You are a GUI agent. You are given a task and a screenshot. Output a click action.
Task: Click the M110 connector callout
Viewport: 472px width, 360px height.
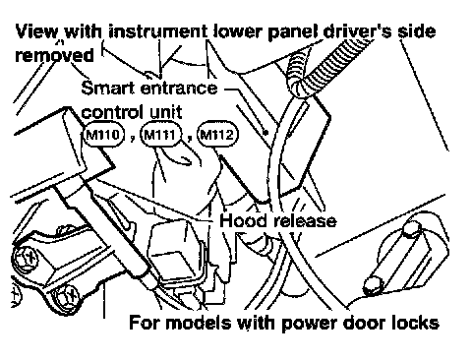pyautogui.click(x=103, y=135)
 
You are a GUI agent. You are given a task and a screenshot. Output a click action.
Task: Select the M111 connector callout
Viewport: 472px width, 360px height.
pyautogui.click(x=161, y=135)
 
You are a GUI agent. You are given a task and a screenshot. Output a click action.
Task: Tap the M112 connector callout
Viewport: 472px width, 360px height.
pyautogui.click(x=218, y=135)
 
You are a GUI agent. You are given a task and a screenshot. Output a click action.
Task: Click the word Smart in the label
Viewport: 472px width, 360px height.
pyautogui.click(x=108, y=88)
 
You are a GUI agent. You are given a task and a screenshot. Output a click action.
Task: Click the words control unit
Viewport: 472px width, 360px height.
pyautogui.click(x=132, y=112)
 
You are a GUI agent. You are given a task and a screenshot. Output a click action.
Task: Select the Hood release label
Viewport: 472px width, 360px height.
pyautogui.click(x=278, y=220)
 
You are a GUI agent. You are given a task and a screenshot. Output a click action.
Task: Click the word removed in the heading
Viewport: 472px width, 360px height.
pyautogui.click(x=55, y=56)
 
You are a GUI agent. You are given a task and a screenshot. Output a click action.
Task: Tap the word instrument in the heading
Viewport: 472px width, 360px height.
pyautogui.click(x=158, y=31)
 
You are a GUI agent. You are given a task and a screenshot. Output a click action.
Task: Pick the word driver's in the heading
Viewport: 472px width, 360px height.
pyautogui.click(x=358, y=31)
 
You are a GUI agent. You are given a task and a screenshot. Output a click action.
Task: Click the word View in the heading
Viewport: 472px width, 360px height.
pyautogui.click(x=36, y=31)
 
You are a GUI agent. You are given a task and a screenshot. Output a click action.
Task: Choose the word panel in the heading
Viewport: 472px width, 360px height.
pyautogui.click(x=293, y=32)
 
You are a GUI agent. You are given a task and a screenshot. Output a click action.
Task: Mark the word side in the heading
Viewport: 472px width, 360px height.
pyautogui.click(x=417, y=31)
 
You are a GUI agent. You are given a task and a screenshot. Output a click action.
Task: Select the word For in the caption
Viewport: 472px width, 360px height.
pyautogui.click(x=145, y=323)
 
